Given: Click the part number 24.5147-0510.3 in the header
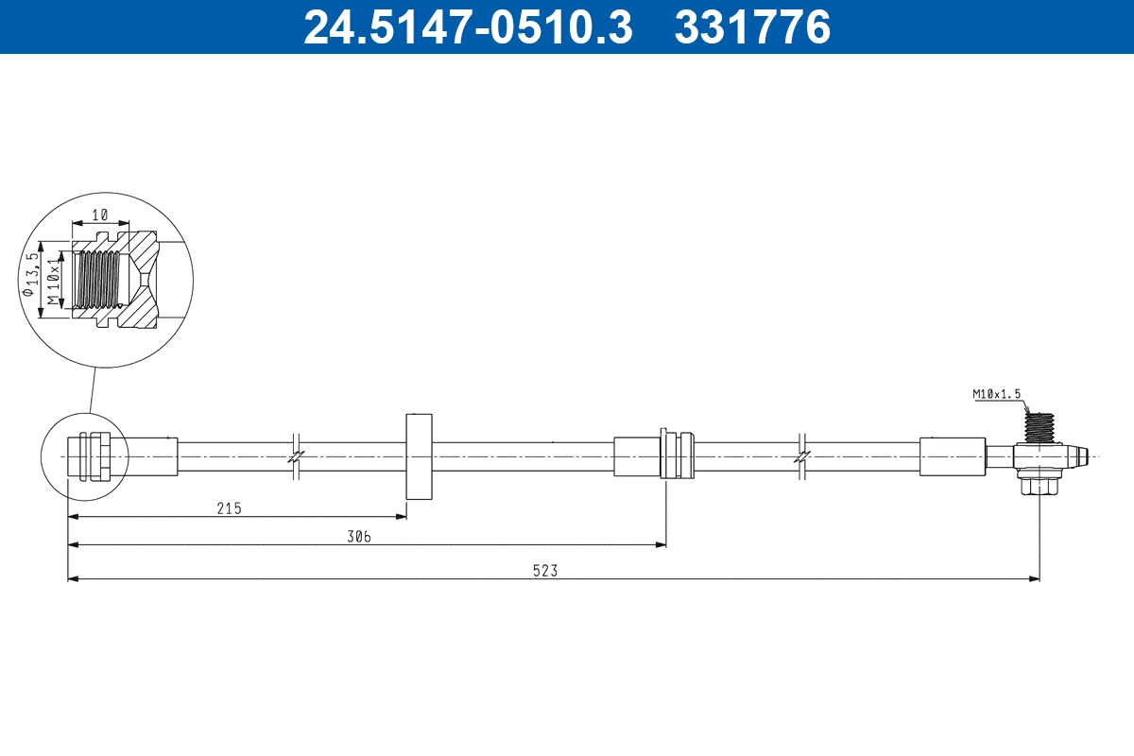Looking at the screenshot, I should click(467, 26).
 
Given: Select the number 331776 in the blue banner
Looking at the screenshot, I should click(752, 26).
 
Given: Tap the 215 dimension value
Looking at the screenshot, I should click(230, 508).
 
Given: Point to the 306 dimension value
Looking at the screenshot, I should click(358, 537).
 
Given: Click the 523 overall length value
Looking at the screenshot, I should click(546, 571).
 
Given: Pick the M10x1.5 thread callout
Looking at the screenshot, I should click(997, 393).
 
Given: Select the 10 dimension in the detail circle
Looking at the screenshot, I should click(100, 215).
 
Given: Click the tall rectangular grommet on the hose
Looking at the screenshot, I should click(419, 456).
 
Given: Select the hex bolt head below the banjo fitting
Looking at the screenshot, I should click(1039, 486).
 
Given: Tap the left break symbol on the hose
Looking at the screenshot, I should click(296, 455).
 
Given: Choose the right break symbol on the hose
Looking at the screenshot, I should click(801, 455).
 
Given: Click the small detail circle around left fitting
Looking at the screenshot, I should click(83, 455).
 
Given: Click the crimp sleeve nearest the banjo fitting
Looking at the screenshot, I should click(952, 456).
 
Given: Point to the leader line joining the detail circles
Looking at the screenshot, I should click(92, 390).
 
